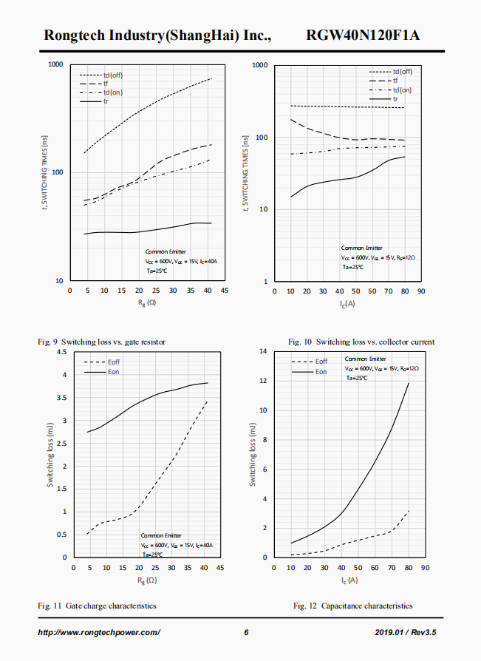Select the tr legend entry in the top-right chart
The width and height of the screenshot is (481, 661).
(395, 99)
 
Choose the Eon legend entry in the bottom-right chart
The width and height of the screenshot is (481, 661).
(321, 372)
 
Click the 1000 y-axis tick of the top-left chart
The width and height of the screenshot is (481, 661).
(55, 65)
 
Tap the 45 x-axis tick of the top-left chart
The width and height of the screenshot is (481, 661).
(225, 291)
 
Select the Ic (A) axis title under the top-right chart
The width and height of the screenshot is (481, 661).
(347, 304)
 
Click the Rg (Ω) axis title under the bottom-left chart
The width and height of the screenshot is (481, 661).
(146, 580)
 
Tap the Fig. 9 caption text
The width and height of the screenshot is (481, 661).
(102, 342)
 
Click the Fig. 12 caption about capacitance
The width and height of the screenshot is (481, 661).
(353, 606)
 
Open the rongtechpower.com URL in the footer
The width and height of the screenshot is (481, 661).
(99, 632)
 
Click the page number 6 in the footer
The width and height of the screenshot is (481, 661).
(246, 632)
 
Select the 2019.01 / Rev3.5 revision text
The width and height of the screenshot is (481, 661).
(406, 632)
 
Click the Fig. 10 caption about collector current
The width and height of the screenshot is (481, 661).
(361, 342)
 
